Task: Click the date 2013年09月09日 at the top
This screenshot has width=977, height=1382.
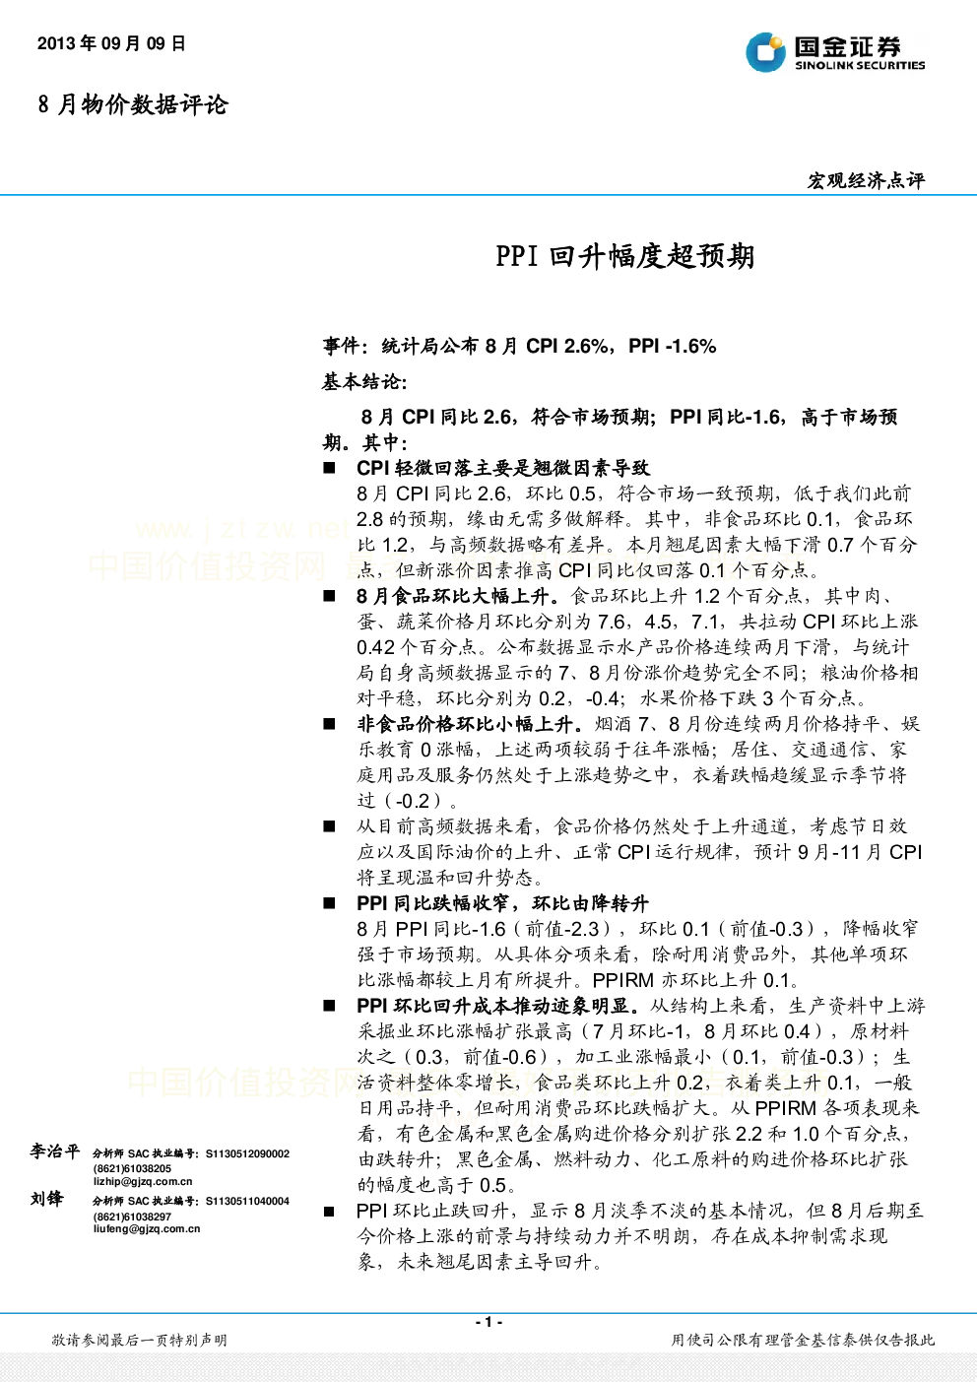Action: [111, 43]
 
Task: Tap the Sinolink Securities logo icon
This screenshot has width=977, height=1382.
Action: [765, 52]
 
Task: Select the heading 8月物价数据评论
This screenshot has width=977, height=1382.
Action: [133, 104]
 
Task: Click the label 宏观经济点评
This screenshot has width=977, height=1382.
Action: [866, 181]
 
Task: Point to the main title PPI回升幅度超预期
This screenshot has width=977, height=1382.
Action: [624, 257]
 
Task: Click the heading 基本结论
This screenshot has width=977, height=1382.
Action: [363, 382]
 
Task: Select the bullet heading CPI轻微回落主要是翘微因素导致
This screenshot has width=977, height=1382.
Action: [502, 468]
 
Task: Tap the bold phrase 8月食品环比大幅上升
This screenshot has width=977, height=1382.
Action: [458, 596]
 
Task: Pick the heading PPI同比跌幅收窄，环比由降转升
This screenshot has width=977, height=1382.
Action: [502, 904]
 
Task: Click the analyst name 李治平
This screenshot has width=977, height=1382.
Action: [54, 1152]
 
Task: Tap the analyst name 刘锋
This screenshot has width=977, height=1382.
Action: [46, 1199]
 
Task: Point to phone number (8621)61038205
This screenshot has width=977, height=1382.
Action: [132, 1168]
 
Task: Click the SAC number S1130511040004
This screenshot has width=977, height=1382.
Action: [247, 1201]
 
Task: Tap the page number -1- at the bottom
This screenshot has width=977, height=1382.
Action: [488, 1322]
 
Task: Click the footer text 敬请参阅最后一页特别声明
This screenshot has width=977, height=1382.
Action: [140, 1340]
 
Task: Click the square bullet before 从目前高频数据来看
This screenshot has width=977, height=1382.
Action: [329, 826]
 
